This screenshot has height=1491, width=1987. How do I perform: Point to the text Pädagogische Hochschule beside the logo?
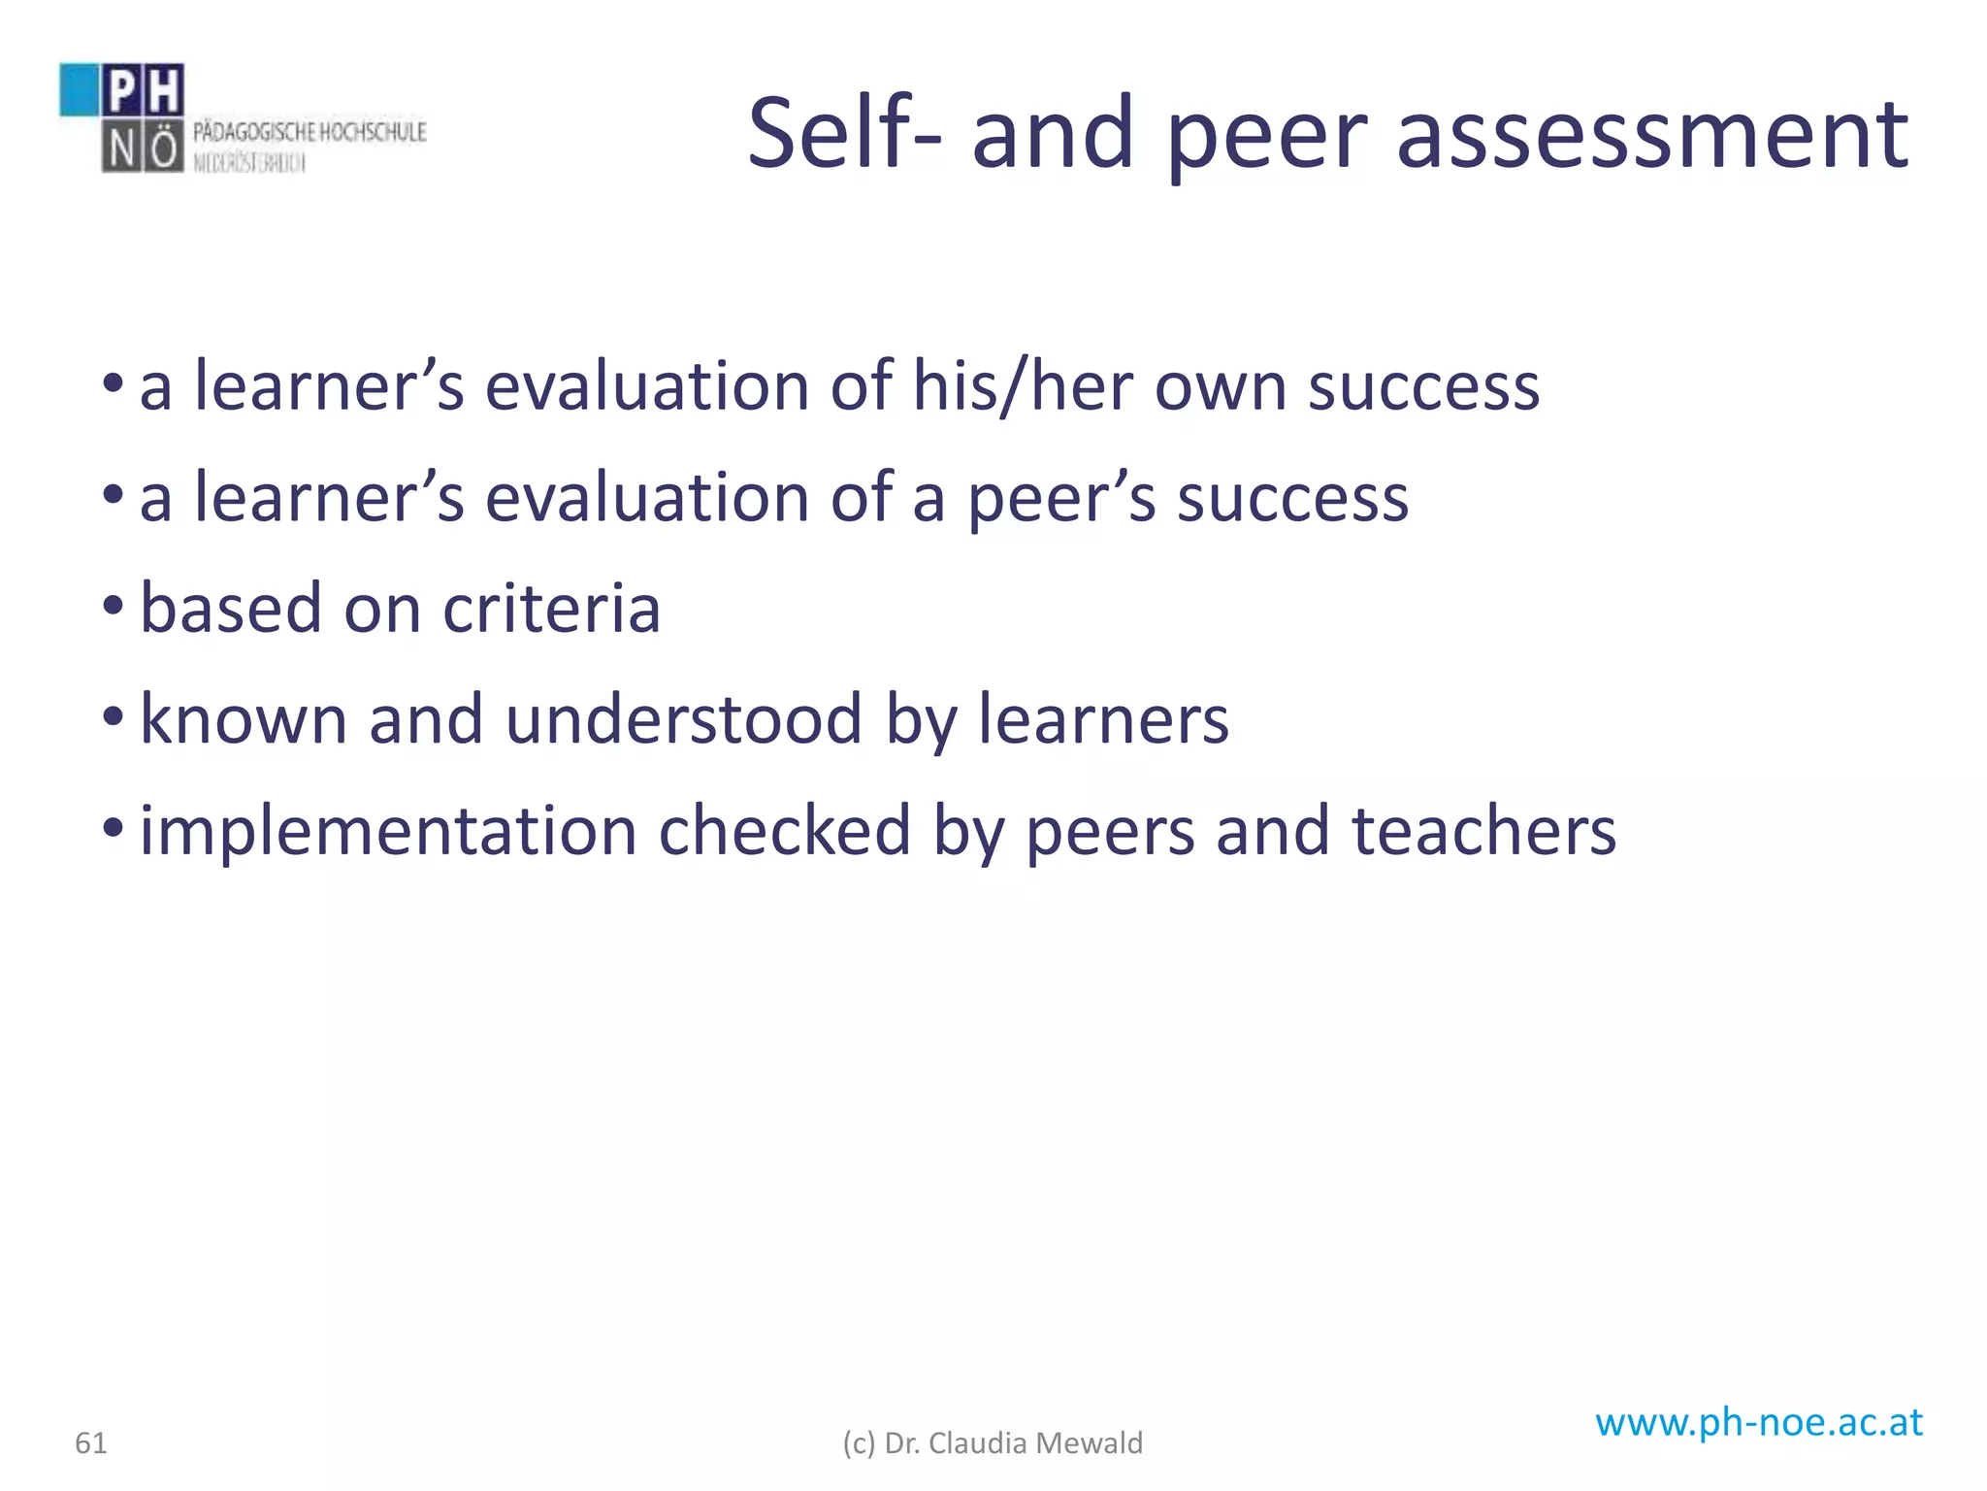pyautogui.click(x=309, y=132)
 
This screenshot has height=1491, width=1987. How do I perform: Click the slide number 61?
pyautogui.click(x=91, y=1443)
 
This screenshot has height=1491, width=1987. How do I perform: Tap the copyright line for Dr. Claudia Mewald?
pyautogui.click(x=993, y=1443)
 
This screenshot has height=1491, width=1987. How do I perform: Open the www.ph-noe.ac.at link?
pyautogui.click(x=1758, y=1422)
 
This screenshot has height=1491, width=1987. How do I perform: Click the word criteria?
pyautogui.click(x=551, y=609)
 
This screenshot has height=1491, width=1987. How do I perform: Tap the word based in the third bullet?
pyautogui.click(x=231, y=609)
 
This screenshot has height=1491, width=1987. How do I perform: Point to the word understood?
pyautogui.click(x=683, y=719)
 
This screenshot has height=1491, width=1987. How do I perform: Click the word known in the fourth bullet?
pyautogui.click(x=244, y=719)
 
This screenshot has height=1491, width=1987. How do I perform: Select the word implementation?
pyautogui.click(x=388, y=832)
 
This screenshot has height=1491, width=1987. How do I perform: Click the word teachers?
pyautogui.click(x=1483, y=832)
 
